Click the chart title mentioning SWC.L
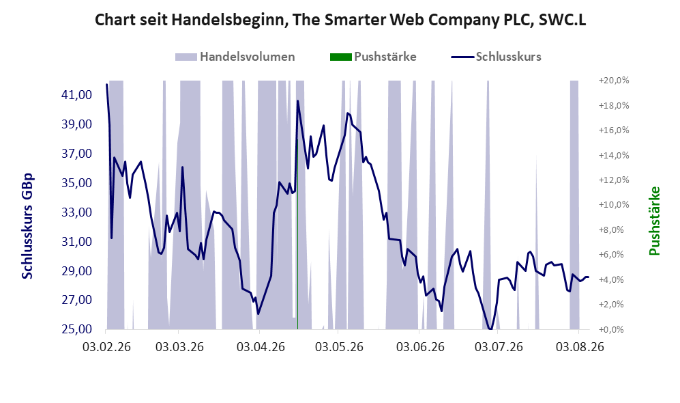340,20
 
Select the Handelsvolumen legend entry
235,57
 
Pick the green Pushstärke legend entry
373,57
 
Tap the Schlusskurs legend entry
496,57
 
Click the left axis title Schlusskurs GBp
27,226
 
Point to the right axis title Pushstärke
654,221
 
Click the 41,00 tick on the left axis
77,95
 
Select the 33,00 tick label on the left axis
77,212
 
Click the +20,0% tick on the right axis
614,81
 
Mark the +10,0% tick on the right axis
614,205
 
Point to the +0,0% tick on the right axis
614,330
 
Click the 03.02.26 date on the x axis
106,347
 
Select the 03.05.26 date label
339,347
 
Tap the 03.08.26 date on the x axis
580,347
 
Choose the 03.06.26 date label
420,347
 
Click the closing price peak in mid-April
298,101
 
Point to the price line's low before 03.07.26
490,329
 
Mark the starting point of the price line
106,84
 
